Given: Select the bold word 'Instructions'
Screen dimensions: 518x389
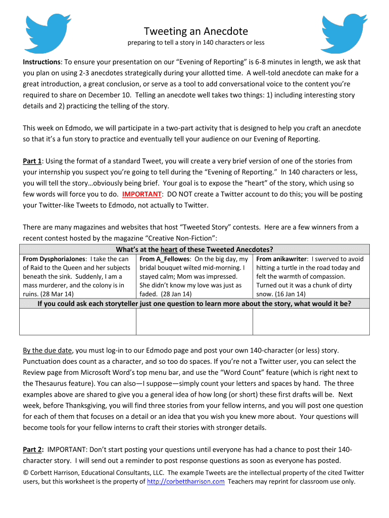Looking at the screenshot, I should [41, 62].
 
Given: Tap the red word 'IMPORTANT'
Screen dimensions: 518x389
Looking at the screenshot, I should [141, 194].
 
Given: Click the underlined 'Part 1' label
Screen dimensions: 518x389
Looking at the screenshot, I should [32, 161].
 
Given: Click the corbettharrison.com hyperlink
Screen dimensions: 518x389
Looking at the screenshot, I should [185, 482].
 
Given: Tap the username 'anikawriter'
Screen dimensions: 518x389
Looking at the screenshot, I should [290, 259].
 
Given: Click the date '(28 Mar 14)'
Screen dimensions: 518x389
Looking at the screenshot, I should [57, 293].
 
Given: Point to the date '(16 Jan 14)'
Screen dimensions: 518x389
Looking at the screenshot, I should [289, 293].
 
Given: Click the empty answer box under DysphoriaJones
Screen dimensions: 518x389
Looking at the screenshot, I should [78, 322].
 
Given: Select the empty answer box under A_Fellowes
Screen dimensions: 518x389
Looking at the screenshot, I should [194, 322].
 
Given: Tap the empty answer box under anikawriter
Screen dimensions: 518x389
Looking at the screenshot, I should [311, 322].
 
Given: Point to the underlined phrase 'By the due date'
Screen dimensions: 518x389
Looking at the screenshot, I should [48, 350].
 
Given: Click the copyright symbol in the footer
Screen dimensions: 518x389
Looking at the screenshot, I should [26, 473].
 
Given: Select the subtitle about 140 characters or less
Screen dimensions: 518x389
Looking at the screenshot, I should [196, 42].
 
